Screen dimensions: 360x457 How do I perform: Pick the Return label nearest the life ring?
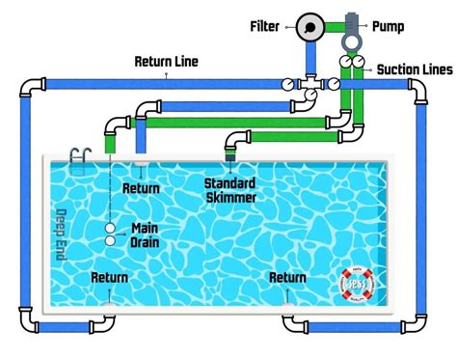[287, 278]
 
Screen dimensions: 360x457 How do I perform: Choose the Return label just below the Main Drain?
[109, 278]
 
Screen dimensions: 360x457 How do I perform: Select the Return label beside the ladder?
[141, 189]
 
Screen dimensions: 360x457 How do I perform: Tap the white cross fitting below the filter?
[310, 85]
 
